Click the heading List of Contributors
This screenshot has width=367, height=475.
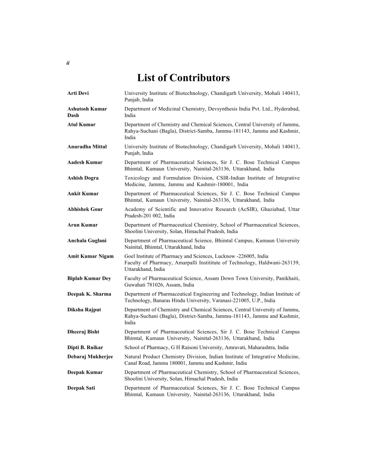coord(183,78)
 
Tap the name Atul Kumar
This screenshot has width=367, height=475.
coord(81,125)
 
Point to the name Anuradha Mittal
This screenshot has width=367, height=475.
coord(87,147)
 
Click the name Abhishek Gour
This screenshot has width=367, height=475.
coord(85,209)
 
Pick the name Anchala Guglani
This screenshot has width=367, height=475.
coord(87,241)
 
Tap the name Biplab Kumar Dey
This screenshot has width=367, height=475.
coord(89,278)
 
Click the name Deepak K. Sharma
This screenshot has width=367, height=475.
coord(89,294)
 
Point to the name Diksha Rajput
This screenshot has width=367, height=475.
coord(84,309)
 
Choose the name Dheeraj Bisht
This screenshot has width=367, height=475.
coord(83,332)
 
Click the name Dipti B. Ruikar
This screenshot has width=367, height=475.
coord(85,347)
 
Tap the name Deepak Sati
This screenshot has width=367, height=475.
coord(81,388)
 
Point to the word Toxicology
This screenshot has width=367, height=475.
coord(137,178)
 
